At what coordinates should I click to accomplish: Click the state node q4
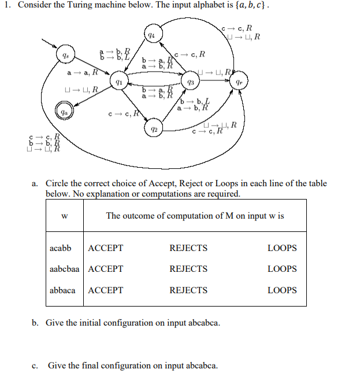tap(151, 36)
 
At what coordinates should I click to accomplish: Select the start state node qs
tap(65, 57)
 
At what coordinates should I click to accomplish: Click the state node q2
tap(153, 126)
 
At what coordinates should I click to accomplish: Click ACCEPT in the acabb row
tap(105, 248)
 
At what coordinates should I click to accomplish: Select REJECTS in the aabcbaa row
tap(188, 269)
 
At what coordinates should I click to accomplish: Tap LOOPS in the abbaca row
tap(282, 290)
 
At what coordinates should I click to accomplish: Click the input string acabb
tap(61, 248)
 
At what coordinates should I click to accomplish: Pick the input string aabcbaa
tap(64, 269)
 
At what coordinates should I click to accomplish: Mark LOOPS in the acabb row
tap(282, 248)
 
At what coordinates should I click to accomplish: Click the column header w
tap(64, 216)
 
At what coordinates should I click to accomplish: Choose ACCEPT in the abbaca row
tap(105, 290)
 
